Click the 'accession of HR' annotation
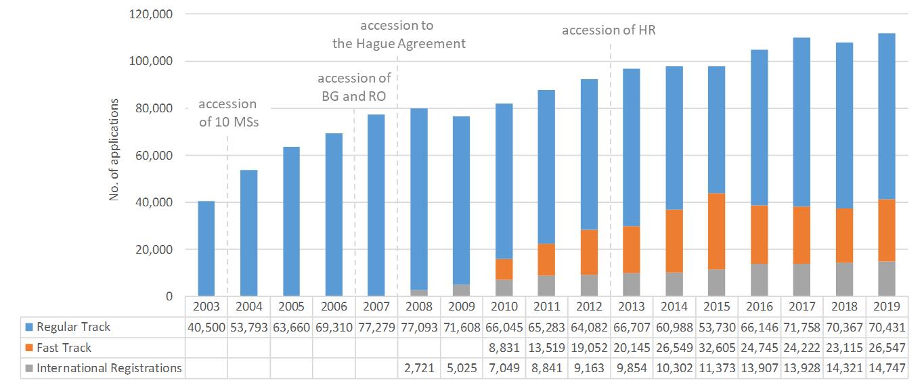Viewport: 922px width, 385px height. [609, 30]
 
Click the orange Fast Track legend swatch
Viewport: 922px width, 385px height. [28, 348]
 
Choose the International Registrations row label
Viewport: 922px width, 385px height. [109, 368]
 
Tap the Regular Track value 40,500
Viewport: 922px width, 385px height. [206, 327]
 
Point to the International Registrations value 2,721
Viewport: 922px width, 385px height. [418, 368]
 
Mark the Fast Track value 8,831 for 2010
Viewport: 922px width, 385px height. [504, 348]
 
